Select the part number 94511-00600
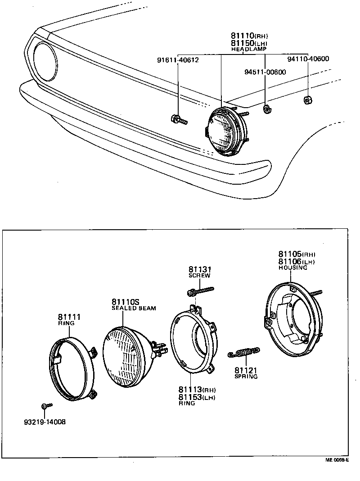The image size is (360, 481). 265,72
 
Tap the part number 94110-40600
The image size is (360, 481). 308,59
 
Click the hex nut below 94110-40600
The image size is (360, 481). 307,100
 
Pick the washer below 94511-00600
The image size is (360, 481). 266,108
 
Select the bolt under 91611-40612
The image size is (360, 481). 179,120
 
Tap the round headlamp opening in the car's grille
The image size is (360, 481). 44,61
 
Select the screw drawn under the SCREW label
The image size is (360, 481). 200,291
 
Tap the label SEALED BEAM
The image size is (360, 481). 134,309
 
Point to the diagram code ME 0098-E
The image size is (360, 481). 337,460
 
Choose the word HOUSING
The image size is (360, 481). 292,268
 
